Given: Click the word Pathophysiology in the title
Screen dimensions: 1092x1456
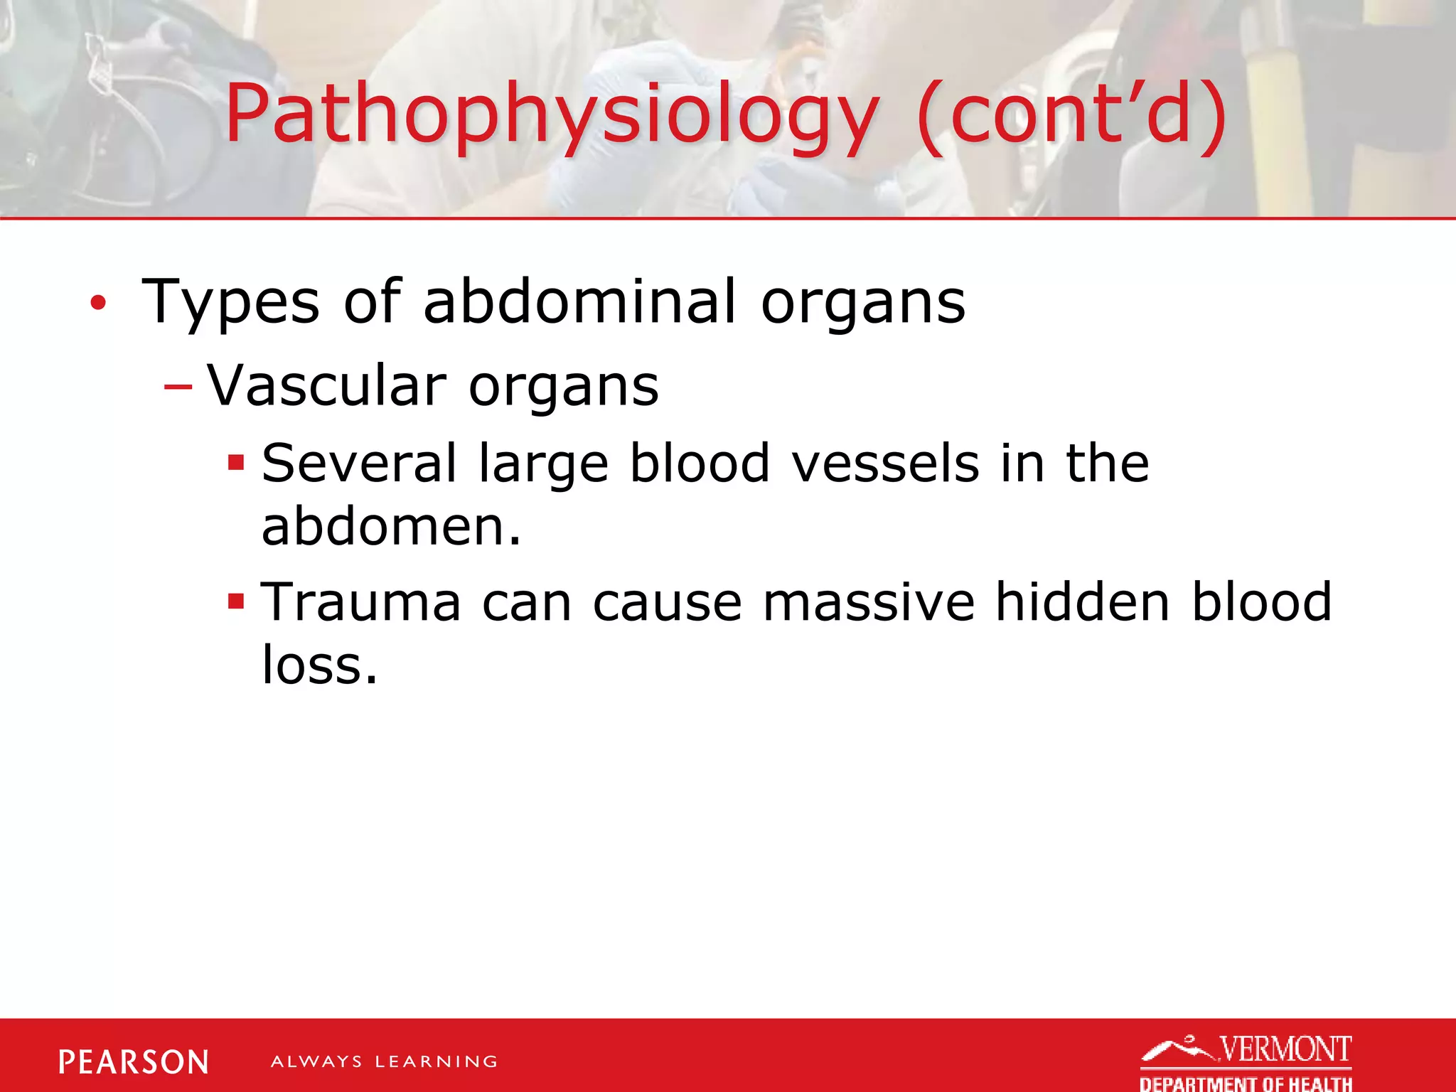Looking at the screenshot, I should point(551,114).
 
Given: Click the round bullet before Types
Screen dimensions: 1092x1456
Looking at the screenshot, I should point(98,304).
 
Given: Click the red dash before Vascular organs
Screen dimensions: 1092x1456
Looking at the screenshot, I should point(178,387).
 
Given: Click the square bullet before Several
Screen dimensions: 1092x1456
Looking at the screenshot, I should point(236,464).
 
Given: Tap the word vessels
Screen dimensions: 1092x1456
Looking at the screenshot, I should point(885,464).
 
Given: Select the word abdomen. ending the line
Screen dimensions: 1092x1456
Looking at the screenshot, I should point(392,527).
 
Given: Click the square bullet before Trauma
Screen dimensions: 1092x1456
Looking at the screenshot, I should point(236,602).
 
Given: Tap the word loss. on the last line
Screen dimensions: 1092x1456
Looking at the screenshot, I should point(319,665).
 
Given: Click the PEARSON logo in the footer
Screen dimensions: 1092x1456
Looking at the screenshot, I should point(134,1062).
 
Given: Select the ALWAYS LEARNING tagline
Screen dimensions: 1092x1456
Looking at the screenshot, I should point(384,1062).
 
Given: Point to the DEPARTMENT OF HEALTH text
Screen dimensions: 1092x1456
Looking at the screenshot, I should point(1246,1083).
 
